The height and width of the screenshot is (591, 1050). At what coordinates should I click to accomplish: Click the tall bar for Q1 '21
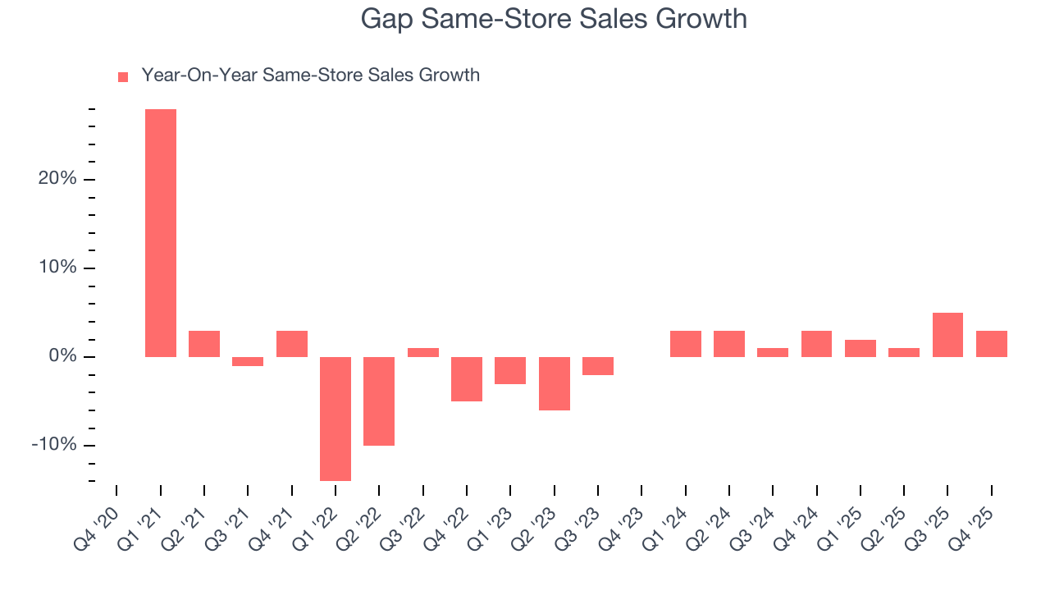(161, 233)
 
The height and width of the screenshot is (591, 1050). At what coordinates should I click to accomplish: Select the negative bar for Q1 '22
(336, 419)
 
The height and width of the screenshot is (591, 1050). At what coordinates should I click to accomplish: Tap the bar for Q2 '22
(379, 401)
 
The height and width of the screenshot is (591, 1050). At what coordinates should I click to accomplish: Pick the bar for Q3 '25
(947, 335)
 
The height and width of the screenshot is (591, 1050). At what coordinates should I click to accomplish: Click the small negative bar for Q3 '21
(248, 361)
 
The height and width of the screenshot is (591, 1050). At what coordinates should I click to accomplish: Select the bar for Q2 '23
(555, 383)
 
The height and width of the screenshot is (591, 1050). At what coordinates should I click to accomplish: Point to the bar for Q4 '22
(467, 379)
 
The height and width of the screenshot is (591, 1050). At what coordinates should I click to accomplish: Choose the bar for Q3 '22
(423, 352)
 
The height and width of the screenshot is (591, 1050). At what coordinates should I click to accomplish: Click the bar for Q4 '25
(992, 344)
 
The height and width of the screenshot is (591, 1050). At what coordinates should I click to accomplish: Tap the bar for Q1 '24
(686, 344)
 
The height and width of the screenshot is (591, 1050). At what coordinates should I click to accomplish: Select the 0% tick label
(62, 356)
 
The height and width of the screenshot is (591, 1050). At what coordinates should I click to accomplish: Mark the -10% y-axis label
(54, 445)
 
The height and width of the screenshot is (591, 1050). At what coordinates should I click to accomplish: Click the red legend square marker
(123, 76)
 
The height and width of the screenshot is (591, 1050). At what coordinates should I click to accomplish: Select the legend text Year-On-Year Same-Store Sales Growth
(310, 76)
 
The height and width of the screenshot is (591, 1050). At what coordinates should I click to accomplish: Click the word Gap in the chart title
(388, 19)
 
